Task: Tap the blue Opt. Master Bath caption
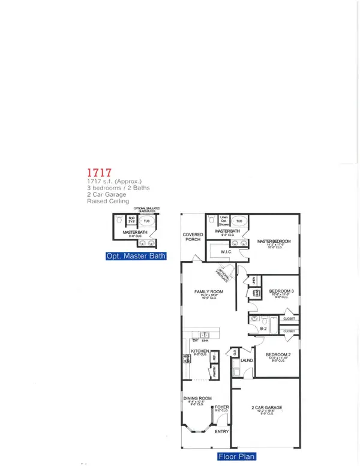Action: [x=136, y=256]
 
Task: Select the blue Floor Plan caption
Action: [x=237, y=456]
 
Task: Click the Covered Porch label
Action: [x=193, y=237]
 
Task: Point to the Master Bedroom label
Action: [x=274, y=242]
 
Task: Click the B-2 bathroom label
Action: [x=263, y=329]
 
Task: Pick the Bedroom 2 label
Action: [x=278, y=354]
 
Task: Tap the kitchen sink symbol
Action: [x=205, y=335]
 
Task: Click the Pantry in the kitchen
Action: [x=212, y=373]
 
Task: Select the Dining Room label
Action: [x=197, y=398]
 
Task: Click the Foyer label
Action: [x=222, y=407]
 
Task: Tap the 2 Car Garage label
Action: [x=267, y=408]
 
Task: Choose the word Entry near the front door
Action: [x=221, y=431]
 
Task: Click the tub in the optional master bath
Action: [x=149, y=220]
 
